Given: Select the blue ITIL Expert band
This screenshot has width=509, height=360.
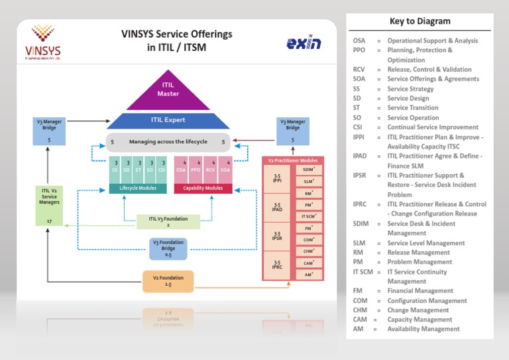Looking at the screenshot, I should [x=168, y=120].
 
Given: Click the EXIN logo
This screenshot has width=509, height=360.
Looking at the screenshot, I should [x=304, y=44].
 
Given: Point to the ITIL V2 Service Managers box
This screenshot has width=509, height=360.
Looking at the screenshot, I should [x=49, y=206].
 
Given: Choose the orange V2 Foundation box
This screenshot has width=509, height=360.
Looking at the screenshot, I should [x=168, y=280].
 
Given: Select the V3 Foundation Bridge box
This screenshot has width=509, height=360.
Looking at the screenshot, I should [x=168, y=249].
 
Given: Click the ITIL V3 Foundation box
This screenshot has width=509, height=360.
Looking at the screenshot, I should [x=168, y=221].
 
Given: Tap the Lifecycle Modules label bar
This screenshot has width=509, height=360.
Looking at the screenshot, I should [x=138, y=188].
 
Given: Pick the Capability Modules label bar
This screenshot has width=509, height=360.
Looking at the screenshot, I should [x=203, y=188].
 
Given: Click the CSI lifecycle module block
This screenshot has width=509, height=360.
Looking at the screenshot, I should [x=162, y=170].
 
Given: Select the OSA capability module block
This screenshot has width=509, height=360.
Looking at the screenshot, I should [x=181, y=170].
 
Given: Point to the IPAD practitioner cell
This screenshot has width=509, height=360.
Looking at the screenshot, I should [x=277, y=208].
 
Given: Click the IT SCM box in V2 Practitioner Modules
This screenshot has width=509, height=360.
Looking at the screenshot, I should [x=309, y=216].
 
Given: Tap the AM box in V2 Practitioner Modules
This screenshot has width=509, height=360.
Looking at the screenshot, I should [x=309, y=274].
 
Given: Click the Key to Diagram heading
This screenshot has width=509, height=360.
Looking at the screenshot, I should [x=420, y=21].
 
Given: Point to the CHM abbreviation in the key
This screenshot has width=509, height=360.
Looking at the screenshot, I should [x=361, y=310].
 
